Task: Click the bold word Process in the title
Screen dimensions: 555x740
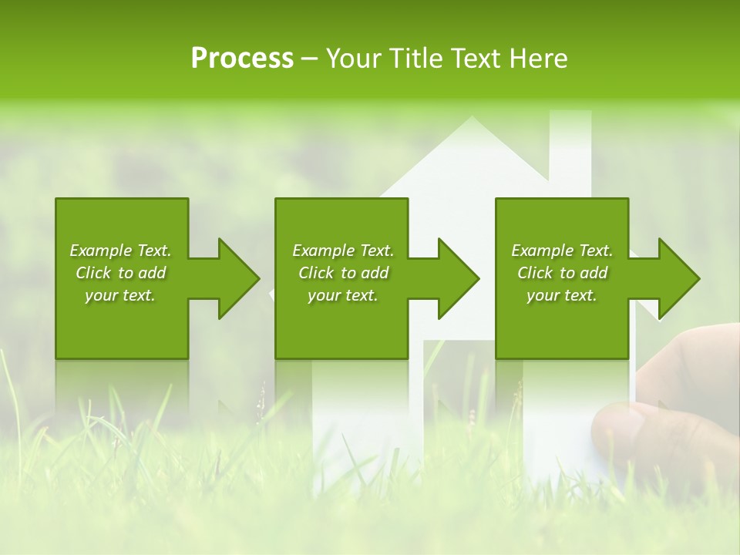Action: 242,59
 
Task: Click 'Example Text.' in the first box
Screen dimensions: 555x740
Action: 120,251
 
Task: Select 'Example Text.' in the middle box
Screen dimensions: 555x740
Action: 343,251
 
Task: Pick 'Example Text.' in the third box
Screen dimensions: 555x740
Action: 562,251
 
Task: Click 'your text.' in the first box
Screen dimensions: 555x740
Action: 120,295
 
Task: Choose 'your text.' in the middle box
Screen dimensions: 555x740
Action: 343,295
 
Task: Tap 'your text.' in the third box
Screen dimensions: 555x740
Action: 562,295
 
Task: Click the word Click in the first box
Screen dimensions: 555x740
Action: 93,273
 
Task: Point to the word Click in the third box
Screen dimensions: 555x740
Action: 535,273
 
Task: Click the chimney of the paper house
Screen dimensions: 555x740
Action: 570,146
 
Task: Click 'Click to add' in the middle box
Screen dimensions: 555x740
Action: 343,273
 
